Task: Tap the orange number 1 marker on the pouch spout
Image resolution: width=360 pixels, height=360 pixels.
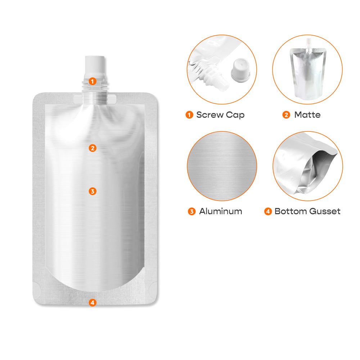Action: point(93,81)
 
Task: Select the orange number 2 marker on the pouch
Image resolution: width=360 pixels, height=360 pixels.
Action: point(93,148)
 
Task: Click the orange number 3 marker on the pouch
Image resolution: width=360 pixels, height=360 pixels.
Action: point(93,191)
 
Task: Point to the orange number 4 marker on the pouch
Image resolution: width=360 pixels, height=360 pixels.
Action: point(93,303)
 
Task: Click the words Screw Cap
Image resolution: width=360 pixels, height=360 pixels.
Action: point(220,115)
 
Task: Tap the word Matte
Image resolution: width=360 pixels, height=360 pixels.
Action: point(307,114)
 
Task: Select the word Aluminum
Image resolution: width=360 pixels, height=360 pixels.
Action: point(221,211)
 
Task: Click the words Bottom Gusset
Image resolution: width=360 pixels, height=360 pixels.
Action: point(307,211)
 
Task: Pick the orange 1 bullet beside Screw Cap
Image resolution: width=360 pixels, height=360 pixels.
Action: point(189,115)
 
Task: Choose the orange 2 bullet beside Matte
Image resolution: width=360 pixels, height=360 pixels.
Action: point(286,115)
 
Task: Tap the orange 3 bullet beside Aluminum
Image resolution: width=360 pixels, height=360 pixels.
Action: point(192,211)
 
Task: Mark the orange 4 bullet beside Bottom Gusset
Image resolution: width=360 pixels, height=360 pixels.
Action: point(268,211)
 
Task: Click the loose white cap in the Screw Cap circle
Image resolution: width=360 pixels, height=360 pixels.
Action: point(240,70)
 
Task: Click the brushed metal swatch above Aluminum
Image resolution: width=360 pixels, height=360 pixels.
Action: point(222,166)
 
